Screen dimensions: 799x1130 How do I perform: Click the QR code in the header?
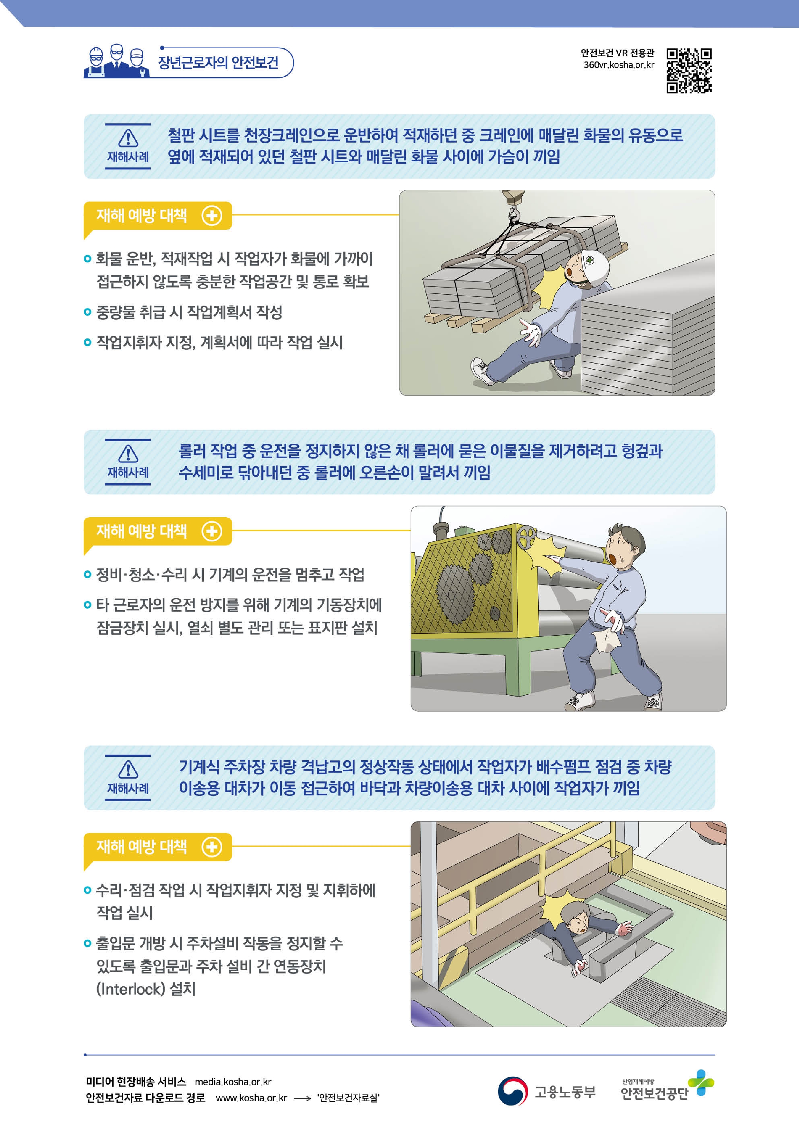coord(689,71)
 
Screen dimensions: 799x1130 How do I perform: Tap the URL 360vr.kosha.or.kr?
coord(619,65)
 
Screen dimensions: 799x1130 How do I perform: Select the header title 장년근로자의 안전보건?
coord(218,62)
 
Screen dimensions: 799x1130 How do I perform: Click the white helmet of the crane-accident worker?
coord(594,266)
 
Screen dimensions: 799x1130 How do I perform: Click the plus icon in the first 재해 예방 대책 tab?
coord(212,215)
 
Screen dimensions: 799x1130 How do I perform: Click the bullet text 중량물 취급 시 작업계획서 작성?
coord(189,312)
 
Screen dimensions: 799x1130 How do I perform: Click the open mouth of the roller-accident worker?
coord(613,559)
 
